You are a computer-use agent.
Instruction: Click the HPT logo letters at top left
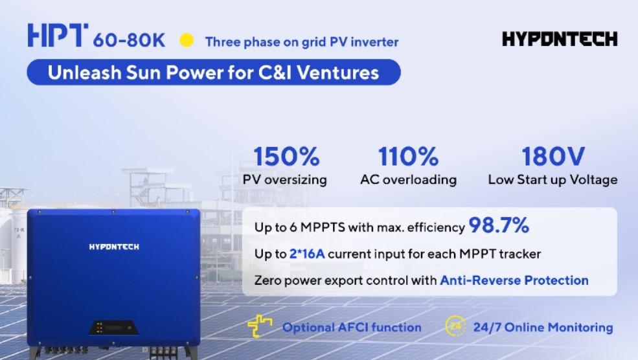coord(58,35)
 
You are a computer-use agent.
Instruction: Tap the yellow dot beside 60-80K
coord(187,40)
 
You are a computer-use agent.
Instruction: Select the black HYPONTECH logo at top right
coord(560,39)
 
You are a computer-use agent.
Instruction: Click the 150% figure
coord(286,157)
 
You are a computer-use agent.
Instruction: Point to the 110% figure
coord(408,157)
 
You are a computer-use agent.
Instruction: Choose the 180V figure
coord(553,157)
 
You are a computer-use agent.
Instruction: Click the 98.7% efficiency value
coord(499,225)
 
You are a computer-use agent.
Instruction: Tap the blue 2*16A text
coord(307,254)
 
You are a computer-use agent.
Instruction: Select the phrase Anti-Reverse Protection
coord(514,280)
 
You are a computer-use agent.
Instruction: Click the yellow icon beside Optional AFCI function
coord(260,326)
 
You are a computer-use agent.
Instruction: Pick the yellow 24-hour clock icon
coord(455,326)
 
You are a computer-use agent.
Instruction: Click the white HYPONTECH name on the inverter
coord(114,247)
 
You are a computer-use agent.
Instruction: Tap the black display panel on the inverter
coord(113,328)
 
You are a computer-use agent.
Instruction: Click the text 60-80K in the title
coord(129,41)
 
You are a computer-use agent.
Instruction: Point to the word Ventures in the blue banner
coord(337,73)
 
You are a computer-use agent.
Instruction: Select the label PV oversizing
coord(285,180)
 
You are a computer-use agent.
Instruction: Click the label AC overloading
coord(409,180)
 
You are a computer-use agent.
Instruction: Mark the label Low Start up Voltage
coord(553,180)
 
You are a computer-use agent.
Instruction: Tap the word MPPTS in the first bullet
coord(323,227)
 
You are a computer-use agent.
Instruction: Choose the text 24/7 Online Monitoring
coord(543,328)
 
